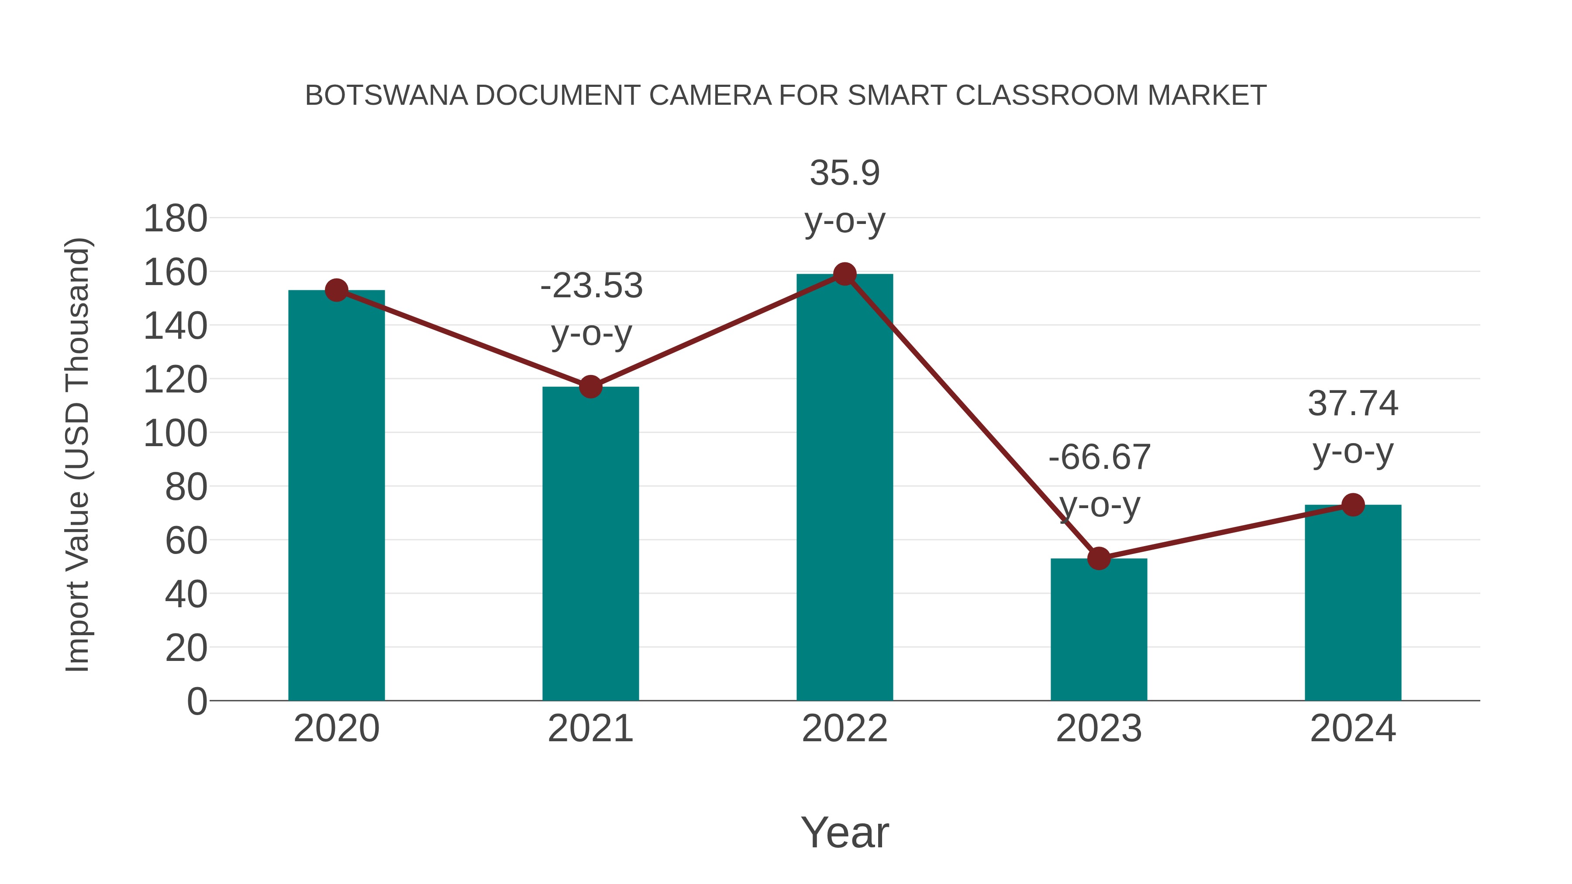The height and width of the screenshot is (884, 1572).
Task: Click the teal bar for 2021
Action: coord(590,543)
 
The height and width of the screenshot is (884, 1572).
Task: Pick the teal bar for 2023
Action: coord(1099,629)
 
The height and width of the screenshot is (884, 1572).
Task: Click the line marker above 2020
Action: coord(336,290)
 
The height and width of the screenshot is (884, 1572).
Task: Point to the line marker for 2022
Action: coord(845,275)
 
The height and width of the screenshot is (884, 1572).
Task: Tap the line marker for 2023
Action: coord(1099,558)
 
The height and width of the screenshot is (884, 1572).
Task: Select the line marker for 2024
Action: coord(1353,505)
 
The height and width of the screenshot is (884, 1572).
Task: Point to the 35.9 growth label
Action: coord(845,173)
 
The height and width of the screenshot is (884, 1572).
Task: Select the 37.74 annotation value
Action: coord(1353,404)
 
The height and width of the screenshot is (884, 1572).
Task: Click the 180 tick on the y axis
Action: coord(175,219)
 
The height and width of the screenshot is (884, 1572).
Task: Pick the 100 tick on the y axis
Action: coord(175,434)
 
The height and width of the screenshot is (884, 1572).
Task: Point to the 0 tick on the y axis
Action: coord(196,702)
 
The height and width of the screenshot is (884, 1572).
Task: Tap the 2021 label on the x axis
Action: coord(590,729)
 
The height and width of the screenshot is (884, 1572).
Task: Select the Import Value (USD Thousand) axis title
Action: coord(78,454)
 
